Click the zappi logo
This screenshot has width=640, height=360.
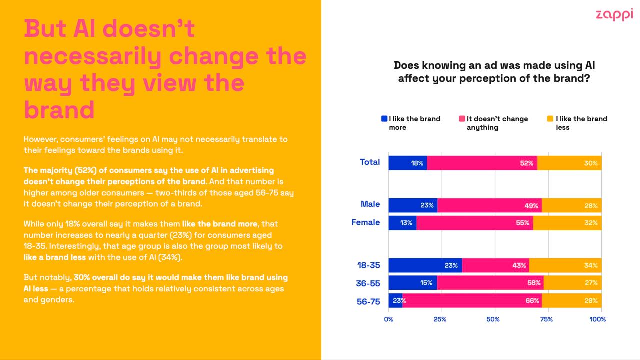coord(614,14)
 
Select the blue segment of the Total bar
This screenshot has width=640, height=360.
coord(407,163)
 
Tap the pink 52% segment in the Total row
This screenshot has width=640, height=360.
coord(482,163)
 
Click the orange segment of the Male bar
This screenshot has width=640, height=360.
coord(571,205)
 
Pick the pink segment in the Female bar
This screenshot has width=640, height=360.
coord(474,223)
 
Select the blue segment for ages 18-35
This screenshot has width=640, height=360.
coord(425,265)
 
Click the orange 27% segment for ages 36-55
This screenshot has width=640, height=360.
coord(572,283)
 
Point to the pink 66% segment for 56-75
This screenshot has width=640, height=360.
coord(472,301)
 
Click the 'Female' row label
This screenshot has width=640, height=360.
coord(365,222)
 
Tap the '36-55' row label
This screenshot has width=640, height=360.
coord(368,283)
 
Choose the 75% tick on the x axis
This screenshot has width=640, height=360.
coord(547,319)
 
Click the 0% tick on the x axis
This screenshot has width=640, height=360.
coord(388,319)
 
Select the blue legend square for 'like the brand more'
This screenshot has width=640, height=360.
coord(384,119)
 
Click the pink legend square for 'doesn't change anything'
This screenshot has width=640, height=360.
coord(462,119)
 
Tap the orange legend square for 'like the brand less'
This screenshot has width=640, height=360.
coord(550,119)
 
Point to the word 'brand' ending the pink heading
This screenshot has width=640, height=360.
coord(59,109)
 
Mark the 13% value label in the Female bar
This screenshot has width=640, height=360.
coord(406,223)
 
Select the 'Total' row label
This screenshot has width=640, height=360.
coord(370,162)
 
